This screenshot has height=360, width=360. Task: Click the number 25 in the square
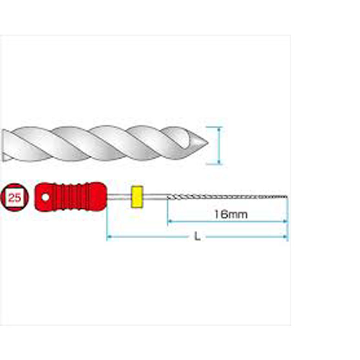pyautogui.click(x=15, y=197)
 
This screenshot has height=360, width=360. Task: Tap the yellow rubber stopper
pyautogui.click(x=137, y=197)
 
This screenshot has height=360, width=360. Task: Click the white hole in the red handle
pyautogui.click(x=45, y=197)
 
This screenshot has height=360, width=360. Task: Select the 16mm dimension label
pyautogui.click(x=231, y=215)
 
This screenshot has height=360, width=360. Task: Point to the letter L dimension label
pyautogui.click(x=197, y=236)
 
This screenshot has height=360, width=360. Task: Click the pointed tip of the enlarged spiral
pyautogui.click(x=208, y=143)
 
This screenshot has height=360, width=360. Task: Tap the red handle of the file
pyautogui.click(x=71, y=197)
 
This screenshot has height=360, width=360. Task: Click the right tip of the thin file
pyautogui.click(x=287, y=197)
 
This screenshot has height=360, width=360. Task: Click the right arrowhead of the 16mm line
pyautogui.click(x=285, y=221)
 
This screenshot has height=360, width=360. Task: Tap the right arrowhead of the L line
pyautogui.click(x=285, y=237)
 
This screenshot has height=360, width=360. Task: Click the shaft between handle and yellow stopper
pyautogui.click(x=119, y=197)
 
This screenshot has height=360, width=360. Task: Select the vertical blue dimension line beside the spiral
pyautogui.click(x=219, y=145)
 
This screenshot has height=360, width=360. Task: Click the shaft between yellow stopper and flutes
pyautogui.click(x=155, y=197)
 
